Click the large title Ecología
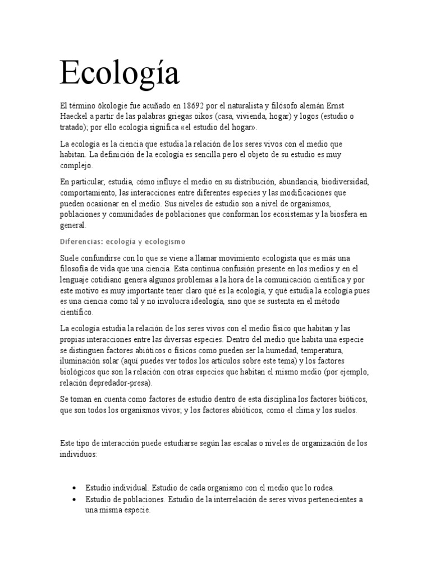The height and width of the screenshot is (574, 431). (x=120, y=74)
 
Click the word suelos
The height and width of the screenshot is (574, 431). (x=343, y=410)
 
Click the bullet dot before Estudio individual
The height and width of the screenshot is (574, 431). (x=74, y=488)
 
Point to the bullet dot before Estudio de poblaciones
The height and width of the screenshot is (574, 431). (x=74, y=499)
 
